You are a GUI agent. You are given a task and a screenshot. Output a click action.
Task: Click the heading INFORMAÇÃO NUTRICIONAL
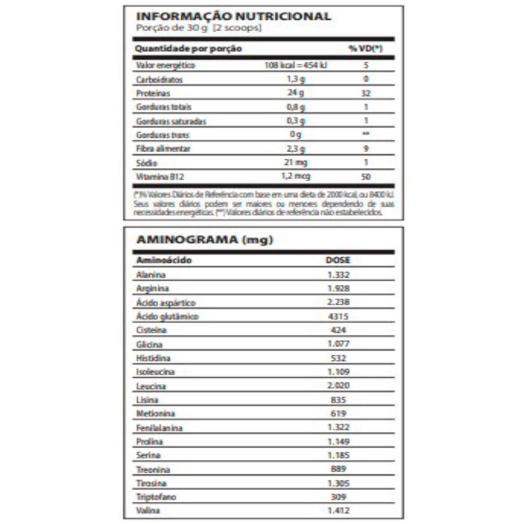(233, 16)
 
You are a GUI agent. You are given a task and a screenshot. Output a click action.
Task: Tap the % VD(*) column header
(365, 49)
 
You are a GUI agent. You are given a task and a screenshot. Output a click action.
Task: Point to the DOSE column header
(337, 260)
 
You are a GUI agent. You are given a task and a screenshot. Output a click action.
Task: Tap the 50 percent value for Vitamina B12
(366, 177)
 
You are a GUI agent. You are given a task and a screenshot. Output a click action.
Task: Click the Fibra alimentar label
(156, 149)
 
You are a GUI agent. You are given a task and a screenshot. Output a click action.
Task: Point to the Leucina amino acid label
(151, 386)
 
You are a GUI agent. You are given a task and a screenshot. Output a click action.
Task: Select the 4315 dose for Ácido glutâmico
(337, 316)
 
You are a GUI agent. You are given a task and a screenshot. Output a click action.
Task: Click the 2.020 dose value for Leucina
(337, 386)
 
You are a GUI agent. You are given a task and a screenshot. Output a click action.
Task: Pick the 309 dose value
(337, 496)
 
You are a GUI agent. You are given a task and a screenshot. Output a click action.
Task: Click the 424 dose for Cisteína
(337, 330)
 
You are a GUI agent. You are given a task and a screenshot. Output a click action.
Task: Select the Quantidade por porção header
(188, 49)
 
